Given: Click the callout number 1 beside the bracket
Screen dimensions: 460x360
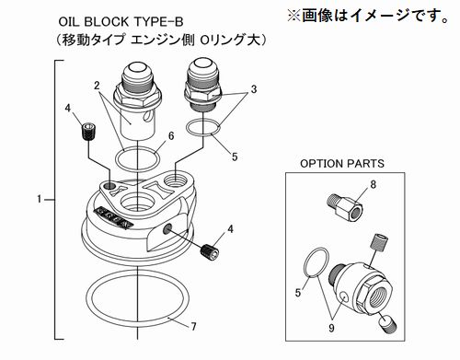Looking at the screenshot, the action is (40, 199).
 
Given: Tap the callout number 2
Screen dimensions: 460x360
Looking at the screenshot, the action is (97, 86).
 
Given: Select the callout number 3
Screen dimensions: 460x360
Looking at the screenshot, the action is (254, 89).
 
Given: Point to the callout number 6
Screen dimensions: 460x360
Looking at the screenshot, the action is (171, 135).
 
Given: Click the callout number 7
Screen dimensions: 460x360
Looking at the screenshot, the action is (193, 327).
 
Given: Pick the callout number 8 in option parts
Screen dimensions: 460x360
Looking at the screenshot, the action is (373, 185).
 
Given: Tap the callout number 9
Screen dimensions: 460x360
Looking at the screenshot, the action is (331, 328).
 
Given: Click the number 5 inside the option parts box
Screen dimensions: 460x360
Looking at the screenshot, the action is (298, 293).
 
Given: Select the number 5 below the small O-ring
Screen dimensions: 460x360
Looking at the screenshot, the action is (235, 157).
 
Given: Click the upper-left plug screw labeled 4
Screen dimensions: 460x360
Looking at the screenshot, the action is (89, 132).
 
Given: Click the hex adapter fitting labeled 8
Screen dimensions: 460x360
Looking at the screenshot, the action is (344, 206).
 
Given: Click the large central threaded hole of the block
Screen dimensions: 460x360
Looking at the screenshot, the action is (137, 203).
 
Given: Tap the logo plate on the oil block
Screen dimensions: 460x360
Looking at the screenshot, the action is (114, 217).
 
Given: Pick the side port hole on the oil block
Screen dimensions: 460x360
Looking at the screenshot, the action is (167, 228).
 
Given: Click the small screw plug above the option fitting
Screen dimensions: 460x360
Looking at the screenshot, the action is (378, 241).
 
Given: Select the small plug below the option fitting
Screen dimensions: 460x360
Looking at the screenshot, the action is (387, 326).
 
